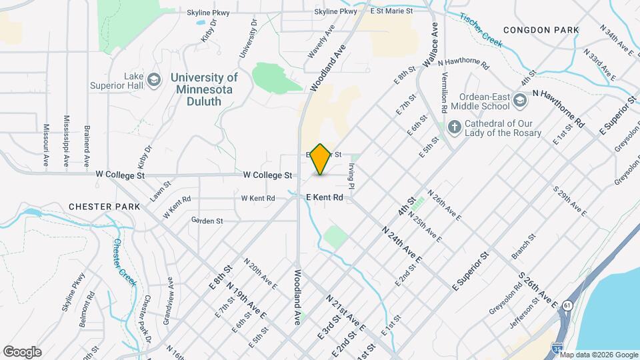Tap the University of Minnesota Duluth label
point(203,89)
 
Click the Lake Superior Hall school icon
point(155,81)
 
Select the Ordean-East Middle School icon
point(520,101)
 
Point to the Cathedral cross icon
point(454,127)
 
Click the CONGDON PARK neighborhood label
point(541,30)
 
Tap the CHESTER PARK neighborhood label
point(105,207)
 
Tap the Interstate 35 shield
point(557,347)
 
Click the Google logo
point(22,352)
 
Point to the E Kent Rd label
point(325,198)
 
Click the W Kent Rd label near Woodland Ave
point(258,198)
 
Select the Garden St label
point(207,220)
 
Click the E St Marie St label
point(392,11)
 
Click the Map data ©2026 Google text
point(598,355)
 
